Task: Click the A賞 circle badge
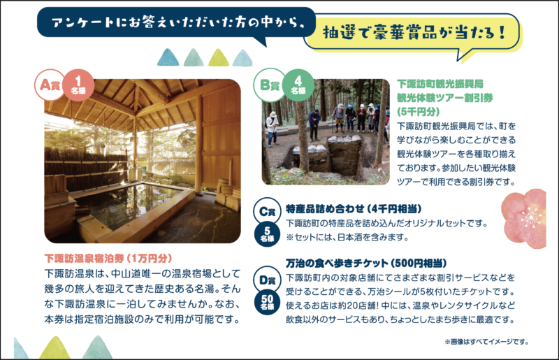click(x=49, y=85)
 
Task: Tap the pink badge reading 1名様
click(x=78, y=85)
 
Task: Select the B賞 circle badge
click(x=268, y=85)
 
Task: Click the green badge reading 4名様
click(x=298, y=85)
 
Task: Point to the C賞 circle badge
click(x=267, y=211)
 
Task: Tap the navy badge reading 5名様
click(x=267, y=234)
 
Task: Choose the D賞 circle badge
click(x=267, y=280)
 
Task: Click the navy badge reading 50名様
click(x=267, y=302)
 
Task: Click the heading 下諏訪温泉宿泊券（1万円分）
click(x=108, y=259)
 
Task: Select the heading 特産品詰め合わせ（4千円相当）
click(x=354, y=209)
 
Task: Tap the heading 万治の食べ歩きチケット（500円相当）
click(x=366, y=264)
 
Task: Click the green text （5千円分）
click(x=419, y=112)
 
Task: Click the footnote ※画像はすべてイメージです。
click(x=486, y=342)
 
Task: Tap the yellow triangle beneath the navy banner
click(x=218, y=57)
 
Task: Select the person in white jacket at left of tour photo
click(x=273, y=129)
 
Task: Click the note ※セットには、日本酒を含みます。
click(x=347, y=237)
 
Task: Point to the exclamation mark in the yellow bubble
click(x=502, y=32)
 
